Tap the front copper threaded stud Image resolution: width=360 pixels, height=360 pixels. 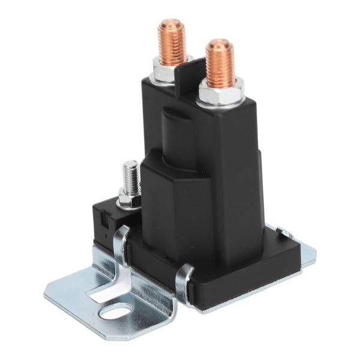(220, 63)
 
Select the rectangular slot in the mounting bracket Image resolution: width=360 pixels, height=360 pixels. (108, 292)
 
